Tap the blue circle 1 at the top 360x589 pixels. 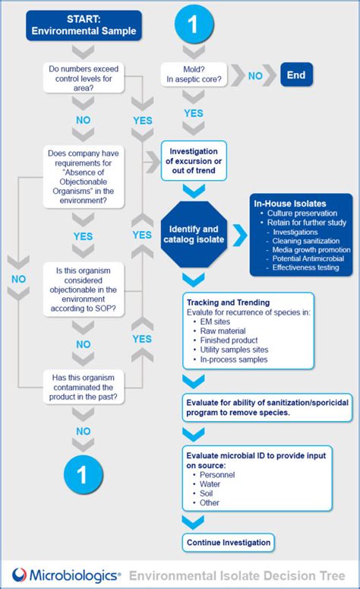point(192,24)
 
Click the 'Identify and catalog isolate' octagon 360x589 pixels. point(194,235)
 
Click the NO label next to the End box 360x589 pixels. point(256,76)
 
